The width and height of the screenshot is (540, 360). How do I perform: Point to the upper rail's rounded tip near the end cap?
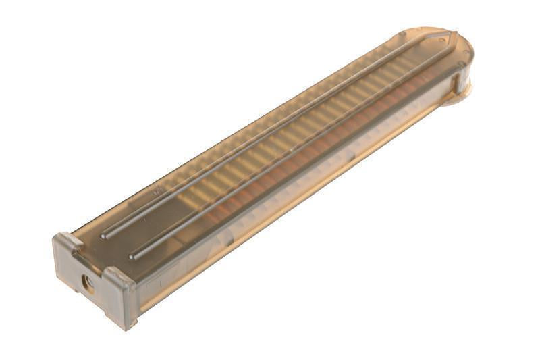(105, 236)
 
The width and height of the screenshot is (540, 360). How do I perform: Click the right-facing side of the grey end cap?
(128, 297)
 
